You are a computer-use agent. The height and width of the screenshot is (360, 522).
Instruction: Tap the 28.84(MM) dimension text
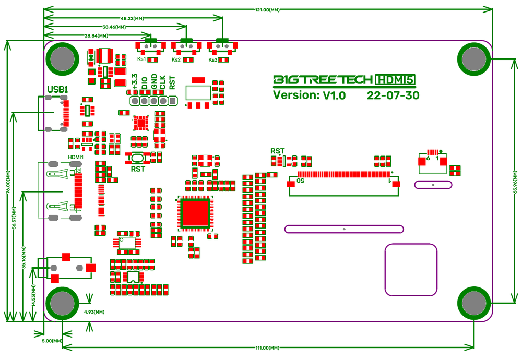pyautogui.click(x=97, y=35)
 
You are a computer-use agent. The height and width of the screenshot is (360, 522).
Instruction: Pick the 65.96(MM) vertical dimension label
pyautogui.click(x=515, y=180)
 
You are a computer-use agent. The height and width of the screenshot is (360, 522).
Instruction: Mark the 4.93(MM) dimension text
pyautogui.click(x=94, y=311)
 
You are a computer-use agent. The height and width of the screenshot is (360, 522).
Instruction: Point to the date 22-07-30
pyautogui.click(x=393, y=95)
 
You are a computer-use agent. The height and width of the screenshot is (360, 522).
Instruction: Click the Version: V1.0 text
pyautogui.click(x=309, y=95)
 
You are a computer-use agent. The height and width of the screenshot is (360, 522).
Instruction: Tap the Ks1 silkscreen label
pyautogui.click(x=141, y=60)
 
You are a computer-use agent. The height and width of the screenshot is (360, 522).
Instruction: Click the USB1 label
pyautogui.click(x=57, y=90)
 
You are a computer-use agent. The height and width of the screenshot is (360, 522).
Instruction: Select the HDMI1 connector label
pyautogui.click(x=76, y=156)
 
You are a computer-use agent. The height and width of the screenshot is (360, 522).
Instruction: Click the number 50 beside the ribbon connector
pyautogui.click(x=301, y=181)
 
